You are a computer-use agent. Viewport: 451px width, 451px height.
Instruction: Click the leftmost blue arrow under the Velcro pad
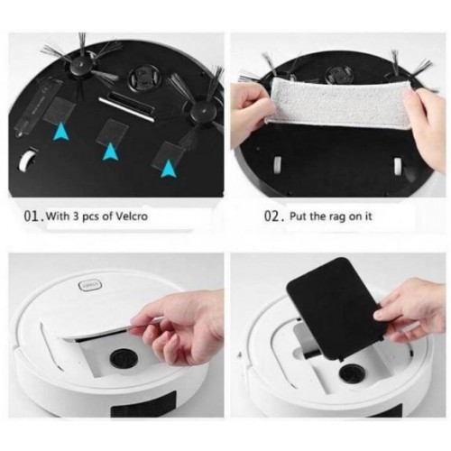(61, 132)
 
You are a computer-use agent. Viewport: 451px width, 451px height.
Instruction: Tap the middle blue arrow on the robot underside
(111, 152)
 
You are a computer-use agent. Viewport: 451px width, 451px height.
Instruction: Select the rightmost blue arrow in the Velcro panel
(169, 169)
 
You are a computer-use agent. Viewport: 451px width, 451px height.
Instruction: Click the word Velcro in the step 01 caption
(132, 216)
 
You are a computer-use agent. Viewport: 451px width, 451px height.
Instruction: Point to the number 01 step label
(32, 216)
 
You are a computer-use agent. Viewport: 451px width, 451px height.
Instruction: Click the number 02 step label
(272, 216)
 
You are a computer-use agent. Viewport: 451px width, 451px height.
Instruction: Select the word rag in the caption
(336, 216)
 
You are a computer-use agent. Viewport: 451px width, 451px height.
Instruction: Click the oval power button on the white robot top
(90, 284)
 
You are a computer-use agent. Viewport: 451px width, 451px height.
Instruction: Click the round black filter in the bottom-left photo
(124, 359)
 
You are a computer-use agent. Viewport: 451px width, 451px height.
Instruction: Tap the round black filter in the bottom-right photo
(353, 373)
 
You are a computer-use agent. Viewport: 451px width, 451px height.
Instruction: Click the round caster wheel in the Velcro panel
(144, 78)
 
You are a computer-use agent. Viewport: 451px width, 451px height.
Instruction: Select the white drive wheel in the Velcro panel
(26, 159)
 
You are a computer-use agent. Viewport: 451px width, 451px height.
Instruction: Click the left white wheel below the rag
(278, 165)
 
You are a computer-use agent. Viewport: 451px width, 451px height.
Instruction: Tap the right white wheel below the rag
(399, 166)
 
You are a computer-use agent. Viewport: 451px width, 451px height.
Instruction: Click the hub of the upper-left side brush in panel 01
(79, 65)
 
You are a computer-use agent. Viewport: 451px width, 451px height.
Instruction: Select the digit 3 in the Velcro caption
(76, 216)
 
